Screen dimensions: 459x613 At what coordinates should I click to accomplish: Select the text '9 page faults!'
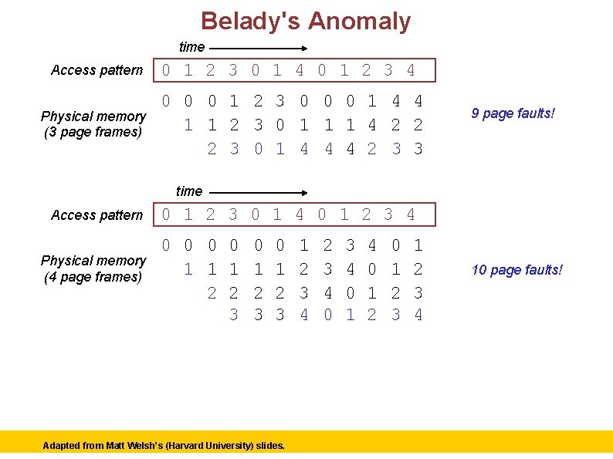(x=514, y=114)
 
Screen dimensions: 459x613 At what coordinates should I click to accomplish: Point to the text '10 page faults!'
(x=517, y=269)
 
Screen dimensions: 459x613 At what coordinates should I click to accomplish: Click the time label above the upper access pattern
(x=191, y=47)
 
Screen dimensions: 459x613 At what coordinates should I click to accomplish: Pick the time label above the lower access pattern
(x=189, y=191)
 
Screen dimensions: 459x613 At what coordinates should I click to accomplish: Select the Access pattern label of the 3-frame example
(x=97, y=70)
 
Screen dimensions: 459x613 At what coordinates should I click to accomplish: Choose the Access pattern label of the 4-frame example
(x=97, y=215)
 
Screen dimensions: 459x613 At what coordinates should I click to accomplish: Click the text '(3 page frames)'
(x=93, y=132)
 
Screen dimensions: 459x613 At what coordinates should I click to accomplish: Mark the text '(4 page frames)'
(x=93, y=276)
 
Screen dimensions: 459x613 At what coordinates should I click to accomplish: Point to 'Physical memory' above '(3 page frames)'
(x=93, y=116)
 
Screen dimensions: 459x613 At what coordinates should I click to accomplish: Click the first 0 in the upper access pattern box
(x=166, y=71)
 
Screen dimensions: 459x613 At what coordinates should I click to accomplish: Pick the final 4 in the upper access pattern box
(x=411, y=71)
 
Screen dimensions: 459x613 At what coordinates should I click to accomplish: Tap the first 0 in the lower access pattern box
(x=166, y=214)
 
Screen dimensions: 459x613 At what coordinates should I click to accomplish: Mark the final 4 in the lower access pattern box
(x=411, y=214)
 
